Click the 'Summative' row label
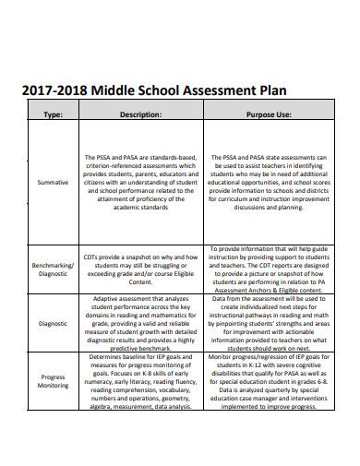53,183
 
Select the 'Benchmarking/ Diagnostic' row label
53,269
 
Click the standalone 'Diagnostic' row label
53,324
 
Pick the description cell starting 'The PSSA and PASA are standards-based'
141,183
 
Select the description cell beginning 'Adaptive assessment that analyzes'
141,324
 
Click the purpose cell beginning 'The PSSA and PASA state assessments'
268,183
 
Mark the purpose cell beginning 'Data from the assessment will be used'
268,324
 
